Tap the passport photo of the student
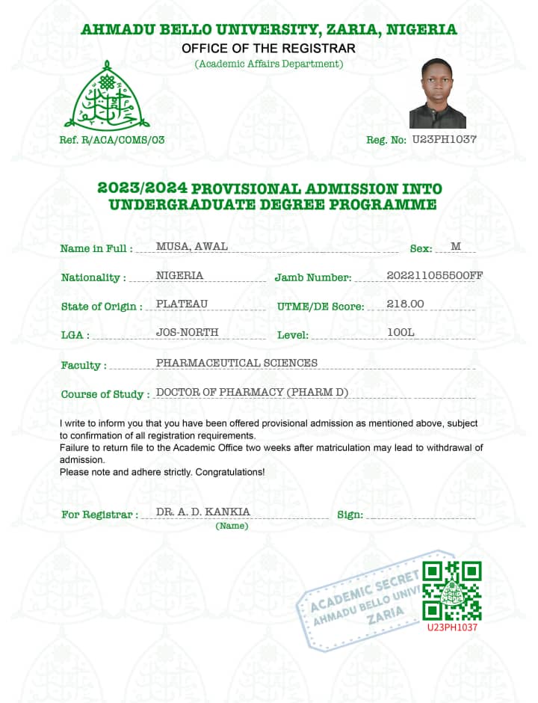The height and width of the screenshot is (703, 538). pyautogui.click(x=437, y=94)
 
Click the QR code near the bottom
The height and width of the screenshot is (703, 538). pyautogui.click(x=452, y=590)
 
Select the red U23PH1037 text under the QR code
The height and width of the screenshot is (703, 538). pyautogui.click(x=452, y=627)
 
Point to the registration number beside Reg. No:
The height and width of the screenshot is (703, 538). pyautogui.click(x=444, y=139)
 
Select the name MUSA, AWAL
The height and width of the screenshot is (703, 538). pyautogui.click(x=191, y=247)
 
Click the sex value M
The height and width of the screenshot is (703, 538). pyautogui.click(x=456, y=247)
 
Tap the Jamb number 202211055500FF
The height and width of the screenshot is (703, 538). pyautogui.click(x=434, y=276)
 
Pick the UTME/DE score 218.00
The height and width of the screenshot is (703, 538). pyautogui.click(x=406, y=304)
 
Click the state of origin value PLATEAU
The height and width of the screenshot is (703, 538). pyautogui.click(x=182, y=304)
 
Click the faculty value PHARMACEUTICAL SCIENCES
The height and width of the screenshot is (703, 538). pyautogui.click(x=236, y=363)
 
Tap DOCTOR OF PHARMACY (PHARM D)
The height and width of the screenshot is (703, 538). pyautogui.click(x=252, y=392)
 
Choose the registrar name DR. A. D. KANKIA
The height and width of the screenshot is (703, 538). pyautogui.click(x=203, y=512)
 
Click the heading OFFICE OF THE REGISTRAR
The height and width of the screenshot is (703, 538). pyautogui.click(x=268, y=49)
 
